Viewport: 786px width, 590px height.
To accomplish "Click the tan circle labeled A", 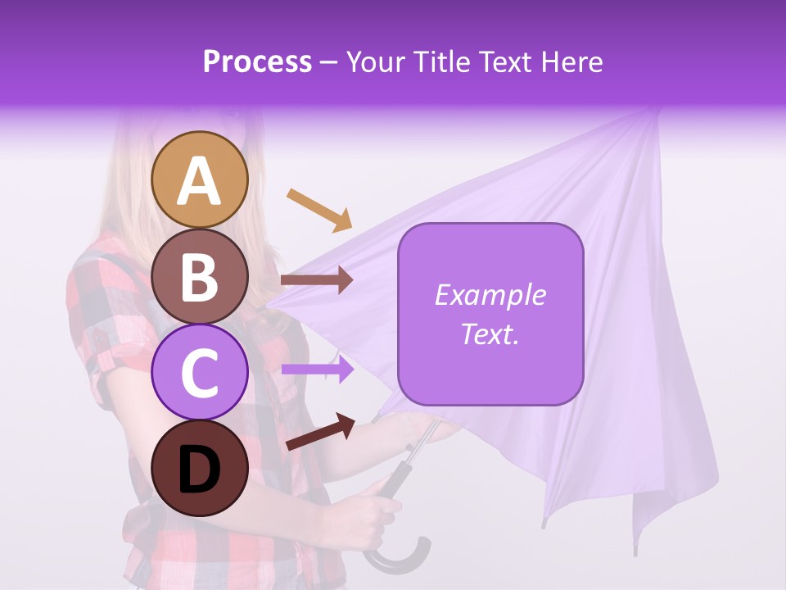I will click(200, 179).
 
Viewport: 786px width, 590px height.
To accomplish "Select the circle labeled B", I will click(200, 276).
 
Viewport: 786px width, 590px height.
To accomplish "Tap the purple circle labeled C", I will click(200, 373).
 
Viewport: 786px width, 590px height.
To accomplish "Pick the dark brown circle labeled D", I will click(200, 470).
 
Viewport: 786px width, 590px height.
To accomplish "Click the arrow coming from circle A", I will click(319, 209).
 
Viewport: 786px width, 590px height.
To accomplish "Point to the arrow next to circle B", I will click(317, 280).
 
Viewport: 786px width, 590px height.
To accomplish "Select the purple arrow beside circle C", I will click(317, 370).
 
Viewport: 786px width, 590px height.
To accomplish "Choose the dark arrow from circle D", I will click(320, 432).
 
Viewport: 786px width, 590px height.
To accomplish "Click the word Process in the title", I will click(257, 61).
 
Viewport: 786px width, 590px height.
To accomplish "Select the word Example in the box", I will click(490, 295).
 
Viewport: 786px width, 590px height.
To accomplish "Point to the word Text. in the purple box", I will click(490, 334).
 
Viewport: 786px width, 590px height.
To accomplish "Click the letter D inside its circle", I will click(200, 470).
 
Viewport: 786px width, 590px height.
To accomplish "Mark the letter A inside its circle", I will click(200, 181).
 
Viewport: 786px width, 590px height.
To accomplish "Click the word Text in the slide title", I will click(508, 61).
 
